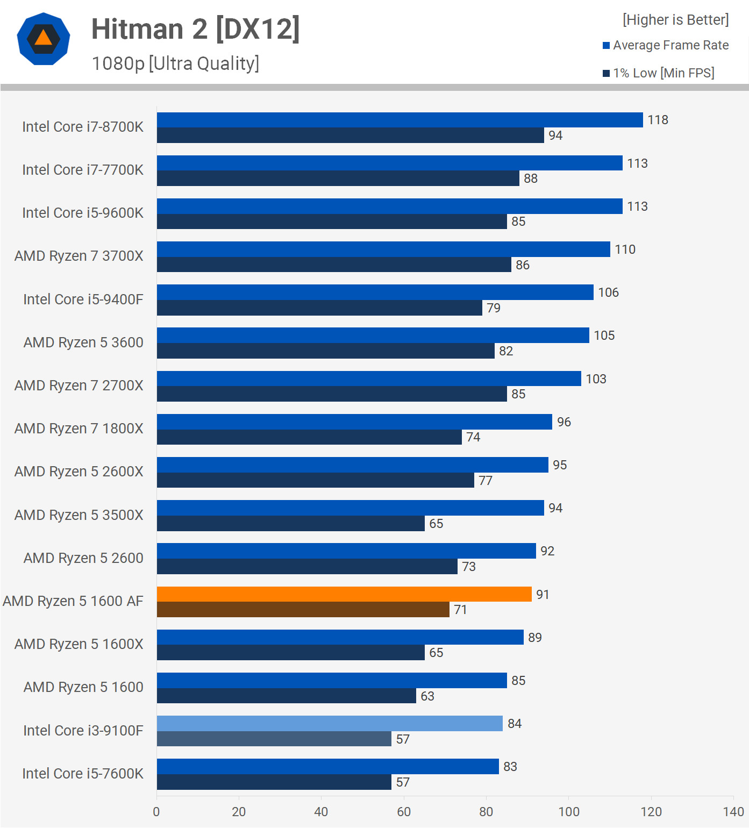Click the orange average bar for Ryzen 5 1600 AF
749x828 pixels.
(x=344, y=594)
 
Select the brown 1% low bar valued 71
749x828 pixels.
(x=303, y=610)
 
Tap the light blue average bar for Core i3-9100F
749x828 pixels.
(x=330, y=723)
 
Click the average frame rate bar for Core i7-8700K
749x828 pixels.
(x=400, y=120)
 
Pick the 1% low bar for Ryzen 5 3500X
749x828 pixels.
(x=290, y=523)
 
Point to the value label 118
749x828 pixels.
(x=658, y=120)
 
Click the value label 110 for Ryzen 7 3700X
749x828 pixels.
(x=625, y=249)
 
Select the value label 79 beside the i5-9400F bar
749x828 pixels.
(x=494, y=308)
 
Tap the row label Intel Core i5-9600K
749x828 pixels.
(x=83, y=213)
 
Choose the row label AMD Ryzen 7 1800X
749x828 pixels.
(x=79, y=429)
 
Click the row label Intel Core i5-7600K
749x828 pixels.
(x=83, y=774)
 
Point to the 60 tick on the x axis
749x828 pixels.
(x=404, y=812)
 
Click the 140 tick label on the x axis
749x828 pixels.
(x=733, y=812)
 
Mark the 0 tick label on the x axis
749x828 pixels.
(x=156, y=812)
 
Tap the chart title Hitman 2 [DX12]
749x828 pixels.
(x=195, y=29)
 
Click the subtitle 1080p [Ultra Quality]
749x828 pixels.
(x=175, y=63)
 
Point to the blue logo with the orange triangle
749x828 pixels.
(x=44, y=39)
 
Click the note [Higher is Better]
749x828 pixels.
(x=675, y=20)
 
